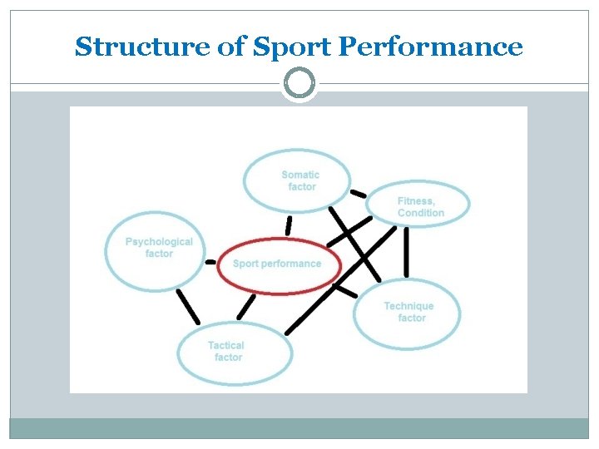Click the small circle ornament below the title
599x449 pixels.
coord(299,83)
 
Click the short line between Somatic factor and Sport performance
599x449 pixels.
coord(289,225)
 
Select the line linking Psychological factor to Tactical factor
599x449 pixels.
coord(188,307)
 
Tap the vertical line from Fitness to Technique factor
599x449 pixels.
coord(406,252)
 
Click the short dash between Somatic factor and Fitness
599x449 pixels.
coord(358,194)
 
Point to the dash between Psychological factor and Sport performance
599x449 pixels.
coord(210,261)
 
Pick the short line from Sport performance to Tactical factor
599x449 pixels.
coord(246,307)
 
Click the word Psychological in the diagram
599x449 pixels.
coord(159,242)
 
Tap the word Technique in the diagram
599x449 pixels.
coord(408,306)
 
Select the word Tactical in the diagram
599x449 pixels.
coord(226,345)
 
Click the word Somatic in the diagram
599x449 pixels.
coord(300,175)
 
